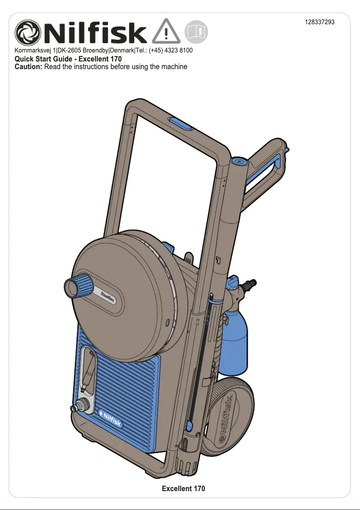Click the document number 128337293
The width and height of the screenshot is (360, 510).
(320, 22)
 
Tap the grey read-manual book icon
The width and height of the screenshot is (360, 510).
(196, 32)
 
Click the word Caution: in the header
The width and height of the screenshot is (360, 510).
(29, 67)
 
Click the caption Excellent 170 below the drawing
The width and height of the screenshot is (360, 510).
(183, 488)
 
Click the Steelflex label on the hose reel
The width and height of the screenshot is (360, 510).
(108, 297)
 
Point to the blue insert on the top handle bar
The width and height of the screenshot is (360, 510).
(181, 123)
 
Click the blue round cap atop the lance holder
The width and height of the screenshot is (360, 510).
(239, 161)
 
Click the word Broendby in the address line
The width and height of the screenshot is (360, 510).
(93, 50)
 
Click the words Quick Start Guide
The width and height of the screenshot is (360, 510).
(43, 59)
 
